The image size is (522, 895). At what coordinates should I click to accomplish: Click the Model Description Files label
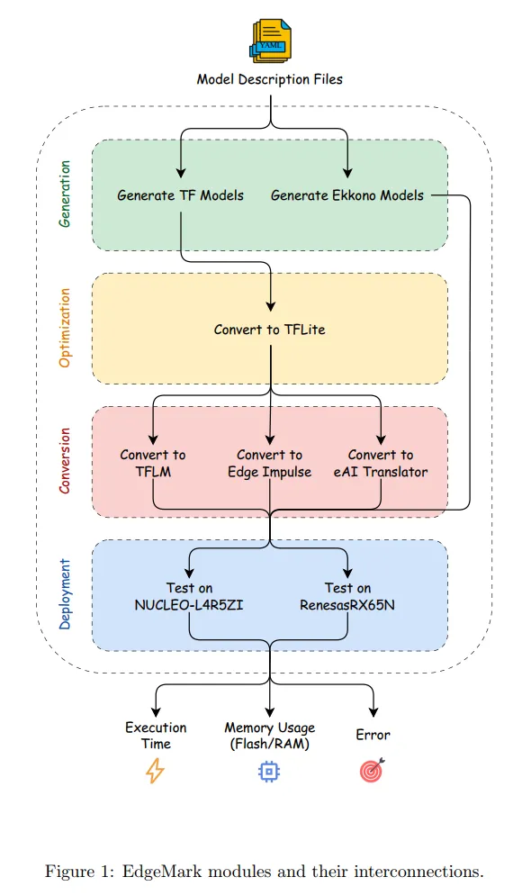click(x=270, y=79)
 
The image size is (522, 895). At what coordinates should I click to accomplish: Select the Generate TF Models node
click(x=180, y=194)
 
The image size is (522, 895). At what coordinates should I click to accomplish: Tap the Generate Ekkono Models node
click(x=347, y=194)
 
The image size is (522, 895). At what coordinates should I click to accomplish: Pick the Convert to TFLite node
click(x=270, y=330)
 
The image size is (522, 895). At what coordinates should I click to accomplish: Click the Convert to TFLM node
click(x=153, y=463)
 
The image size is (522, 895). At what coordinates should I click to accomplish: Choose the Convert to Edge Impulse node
click(x=270, y=463)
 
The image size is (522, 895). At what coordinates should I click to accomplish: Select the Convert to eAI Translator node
click(x=381, y=463)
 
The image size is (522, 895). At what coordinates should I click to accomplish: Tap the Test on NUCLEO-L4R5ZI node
click(x=189, y=596)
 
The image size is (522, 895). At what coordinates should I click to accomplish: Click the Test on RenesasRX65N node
click(x=347, y=596)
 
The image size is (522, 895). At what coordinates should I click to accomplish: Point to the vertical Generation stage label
click(x=65, y=194)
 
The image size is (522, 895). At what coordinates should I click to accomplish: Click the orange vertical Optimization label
click(x=65, y=328)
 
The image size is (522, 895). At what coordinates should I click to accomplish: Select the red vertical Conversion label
click(x=65, y=460)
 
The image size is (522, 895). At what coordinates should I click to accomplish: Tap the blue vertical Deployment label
click(x=65, y=593)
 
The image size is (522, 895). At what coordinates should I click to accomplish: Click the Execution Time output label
click(x=156, y=735)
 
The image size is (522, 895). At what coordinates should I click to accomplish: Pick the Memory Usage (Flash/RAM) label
click(x=269, y=735)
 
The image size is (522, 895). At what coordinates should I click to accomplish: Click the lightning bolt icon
click(x=156, y=771)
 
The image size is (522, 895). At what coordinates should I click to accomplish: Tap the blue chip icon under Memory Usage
click(x=269, y=771)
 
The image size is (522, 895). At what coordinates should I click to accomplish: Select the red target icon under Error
click(x=372, y=771)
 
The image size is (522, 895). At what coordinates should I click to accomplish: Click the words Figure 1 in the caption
click(x=75, y=871)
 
